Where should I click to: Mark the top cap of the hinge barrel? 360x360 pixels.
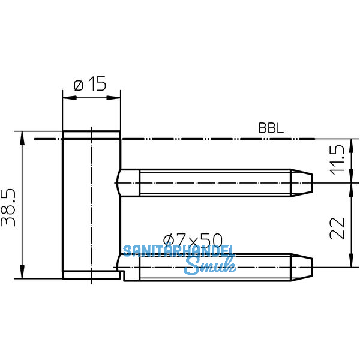[91, 134]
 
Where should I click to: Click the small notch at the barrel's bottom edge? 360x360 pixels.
[122, 276]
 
